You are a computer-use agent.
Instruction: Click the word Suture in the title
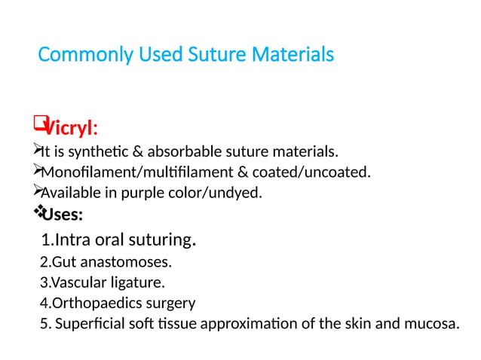(x=210, y=55)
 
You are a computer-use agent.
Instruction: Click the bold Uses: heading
(x=62, y=216)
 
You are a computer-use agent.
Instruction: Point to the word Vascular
(x=75, y=283)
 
